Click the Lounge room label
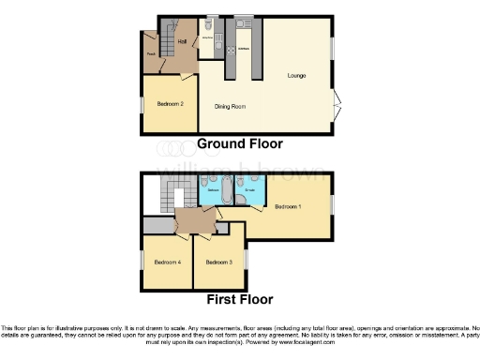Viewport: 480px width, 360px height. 297,75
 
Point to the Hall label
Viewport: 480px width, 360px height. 182,42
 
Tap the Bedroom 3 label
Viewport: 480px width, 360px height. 218,262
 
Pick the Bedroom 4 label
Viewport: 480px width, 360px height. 167,262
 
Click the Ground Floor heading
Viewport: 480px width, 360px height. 239,144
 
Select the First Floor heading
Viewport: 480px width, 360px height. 240,300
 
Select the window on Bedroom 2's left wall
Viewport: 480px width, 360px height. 142,105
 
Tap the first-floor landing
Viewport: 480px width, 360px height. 195,221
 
